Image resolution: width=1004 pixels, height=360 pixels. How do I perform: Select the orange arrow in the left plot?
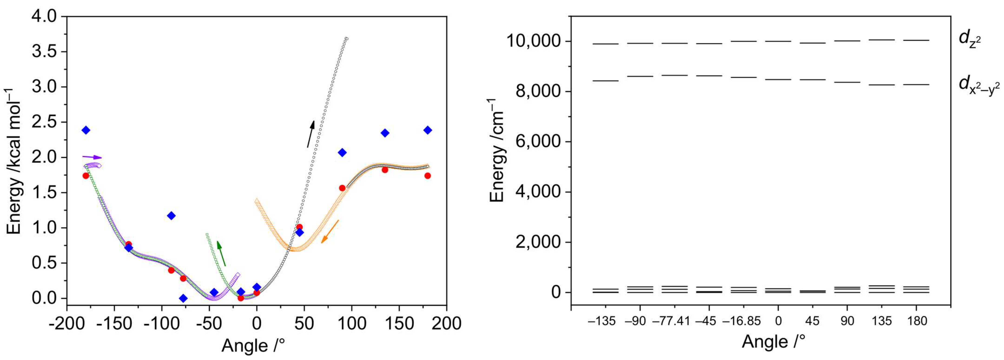330,231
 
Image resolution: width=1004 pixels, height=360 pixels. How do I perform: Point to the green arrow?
221,253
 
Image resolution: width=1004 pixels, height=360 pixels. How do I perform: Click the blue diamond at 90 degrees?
342,152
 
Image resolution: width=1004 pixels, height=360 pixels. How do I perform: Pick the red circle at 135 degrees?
385,169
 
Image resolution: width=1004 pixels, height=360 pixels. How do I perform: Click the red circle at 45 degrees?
299,227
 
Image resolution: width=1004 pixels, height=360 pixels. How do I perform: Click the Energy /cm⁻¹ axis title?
497,150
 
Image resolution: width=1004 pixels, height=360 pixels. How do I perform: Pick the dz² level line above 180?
916,40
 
